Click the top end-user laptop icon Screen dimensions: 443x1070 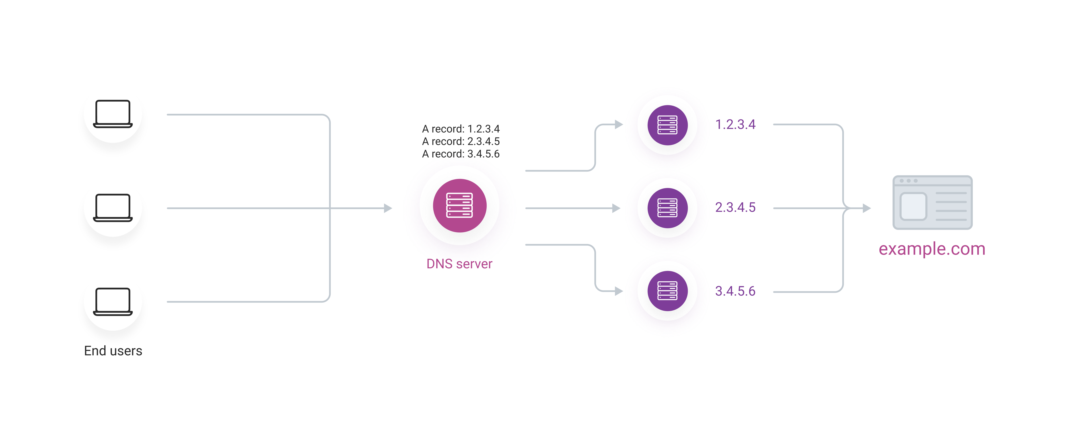tap(113, 114)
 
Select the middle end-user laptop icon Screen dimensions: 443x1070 tap(113, 208)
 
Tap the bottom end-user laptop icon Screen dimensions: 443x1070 tap(113, 301)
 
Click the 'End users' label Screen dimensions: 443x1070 tap(113, 351)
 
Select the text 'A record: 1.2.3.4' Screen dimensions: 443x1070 tap(461, 129)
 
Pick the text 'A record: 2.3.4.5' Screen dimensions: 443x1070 tap(461, 141)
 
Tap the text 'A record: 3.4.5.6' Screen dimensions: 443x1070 tap(461, 154)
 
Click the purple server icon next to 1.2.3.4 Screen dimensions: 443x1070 tap(667, 125)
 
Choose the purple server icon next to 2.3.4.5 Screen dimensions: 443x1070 tap(667, 208)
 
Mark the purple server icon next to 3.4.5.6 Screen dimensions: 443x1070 tap(667, 291)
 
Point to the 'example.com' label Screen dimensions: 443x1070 tap(932, 249)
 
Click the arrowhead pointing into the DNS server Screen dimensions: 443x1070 tap(388, 208)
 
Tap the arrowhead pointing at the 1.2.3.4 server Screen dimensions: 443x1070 tap(619, 124)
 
